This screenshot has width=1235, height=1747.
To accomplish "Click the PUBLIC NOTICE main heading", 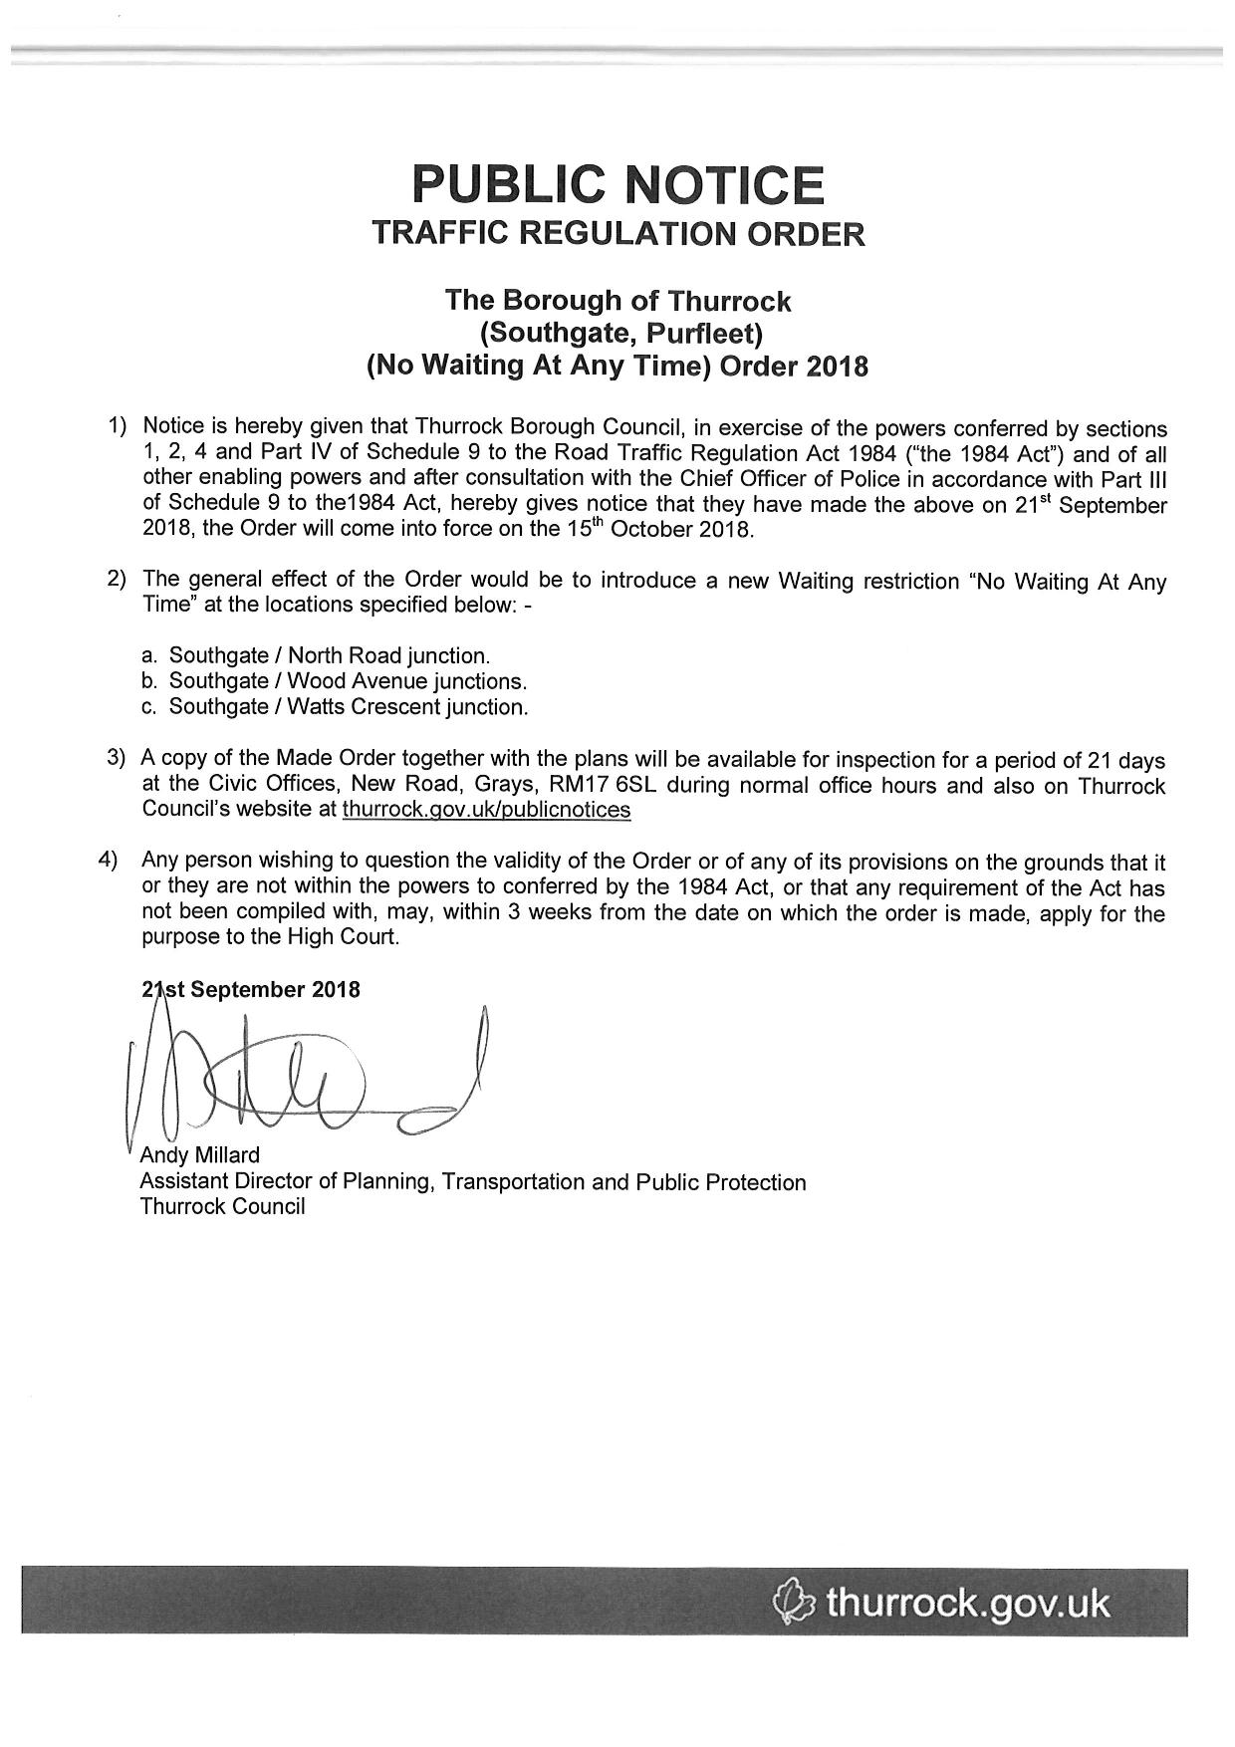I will pyautogui.click(x=617, y=185).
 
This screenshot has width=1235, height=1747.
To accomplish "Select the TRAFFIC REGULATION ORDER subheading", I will pyautogui.click(x=617, y=234).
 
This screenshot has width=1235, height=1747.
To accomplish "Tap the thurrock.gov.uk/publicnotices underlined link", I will pyautogui.click(x=486, y=810).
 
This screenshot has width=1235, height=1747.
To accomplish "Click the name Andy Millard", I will pyautogui.click(x=199, y=1155).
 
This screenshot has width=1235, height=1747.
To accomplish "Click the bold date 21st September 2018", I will pyautogui.click(x=251, y=990).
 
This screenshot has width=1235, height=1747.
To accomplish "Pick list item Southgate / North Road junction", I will pyautogui.click(x=329, y=656).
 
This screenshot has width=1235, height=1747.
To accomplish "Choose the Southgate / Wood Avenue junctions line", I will pyautogui.click(x=347, y=682).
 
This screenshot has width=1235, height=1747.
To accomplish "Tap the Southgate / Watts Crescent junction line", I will pyautogui.click(x=349, y=708).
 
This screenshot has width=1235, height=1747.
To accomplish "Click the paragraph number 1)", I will pyautogui.click(x=118, y=427).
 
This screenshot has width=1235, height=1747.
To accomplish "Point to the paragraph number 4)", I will pyautogui.click(x=108, y=860).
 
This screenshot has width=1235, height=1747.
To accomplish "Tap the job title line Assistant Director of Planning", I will pyautogui.click(x=473, y=1182).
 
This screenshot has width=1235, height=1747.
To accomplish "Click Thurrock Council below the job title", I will pyautogui.click(x=222, y=1207).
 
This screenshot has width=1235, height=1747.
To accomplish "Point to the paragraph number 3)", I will pyautogui.click(x=116, y=758).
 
